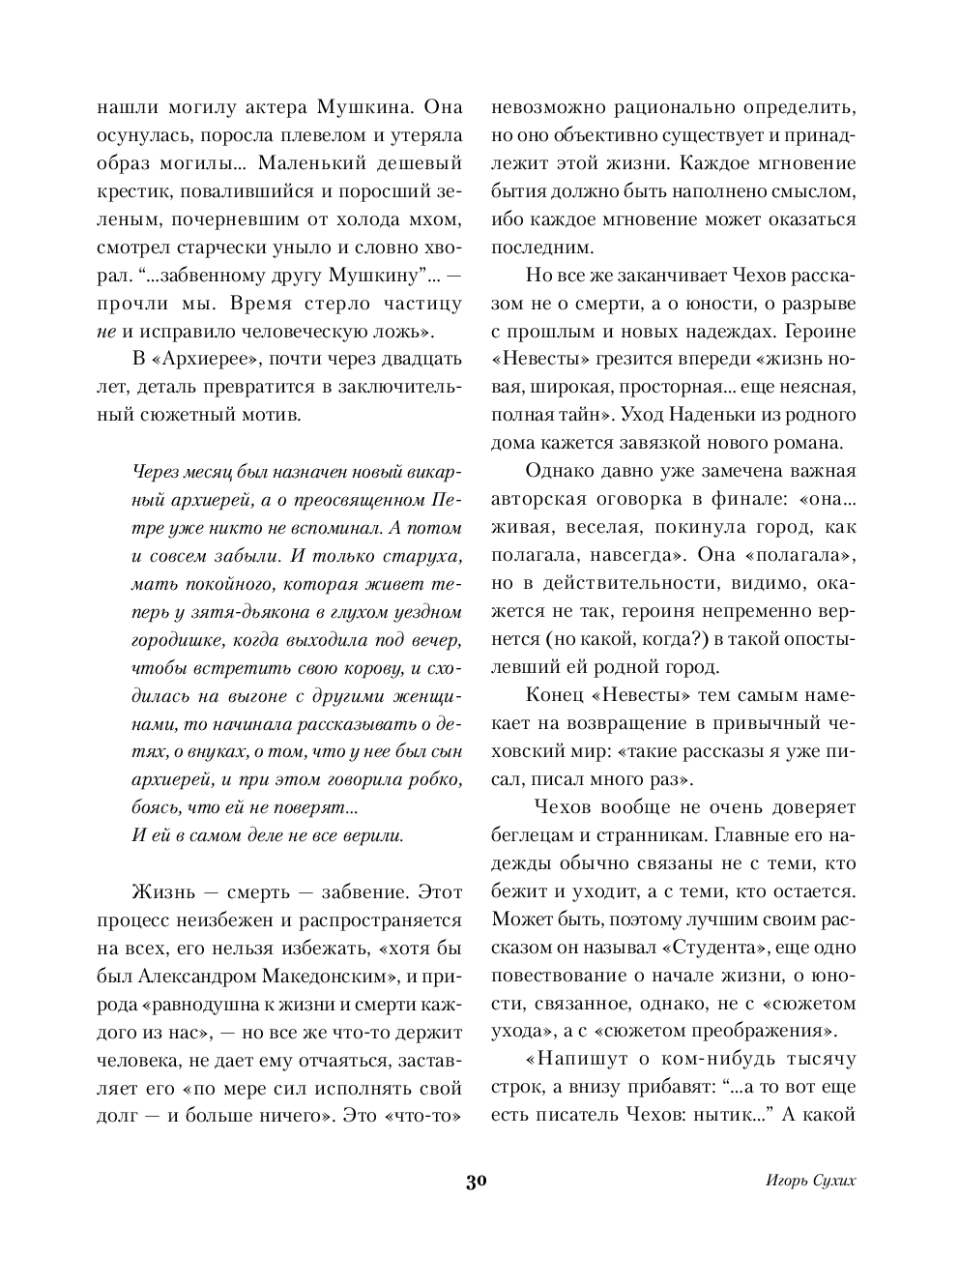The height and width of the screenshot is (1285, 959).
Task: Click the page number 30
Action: [477, 1182]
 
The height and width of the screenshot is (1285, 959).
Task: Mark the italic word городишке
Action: [174, 640]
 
